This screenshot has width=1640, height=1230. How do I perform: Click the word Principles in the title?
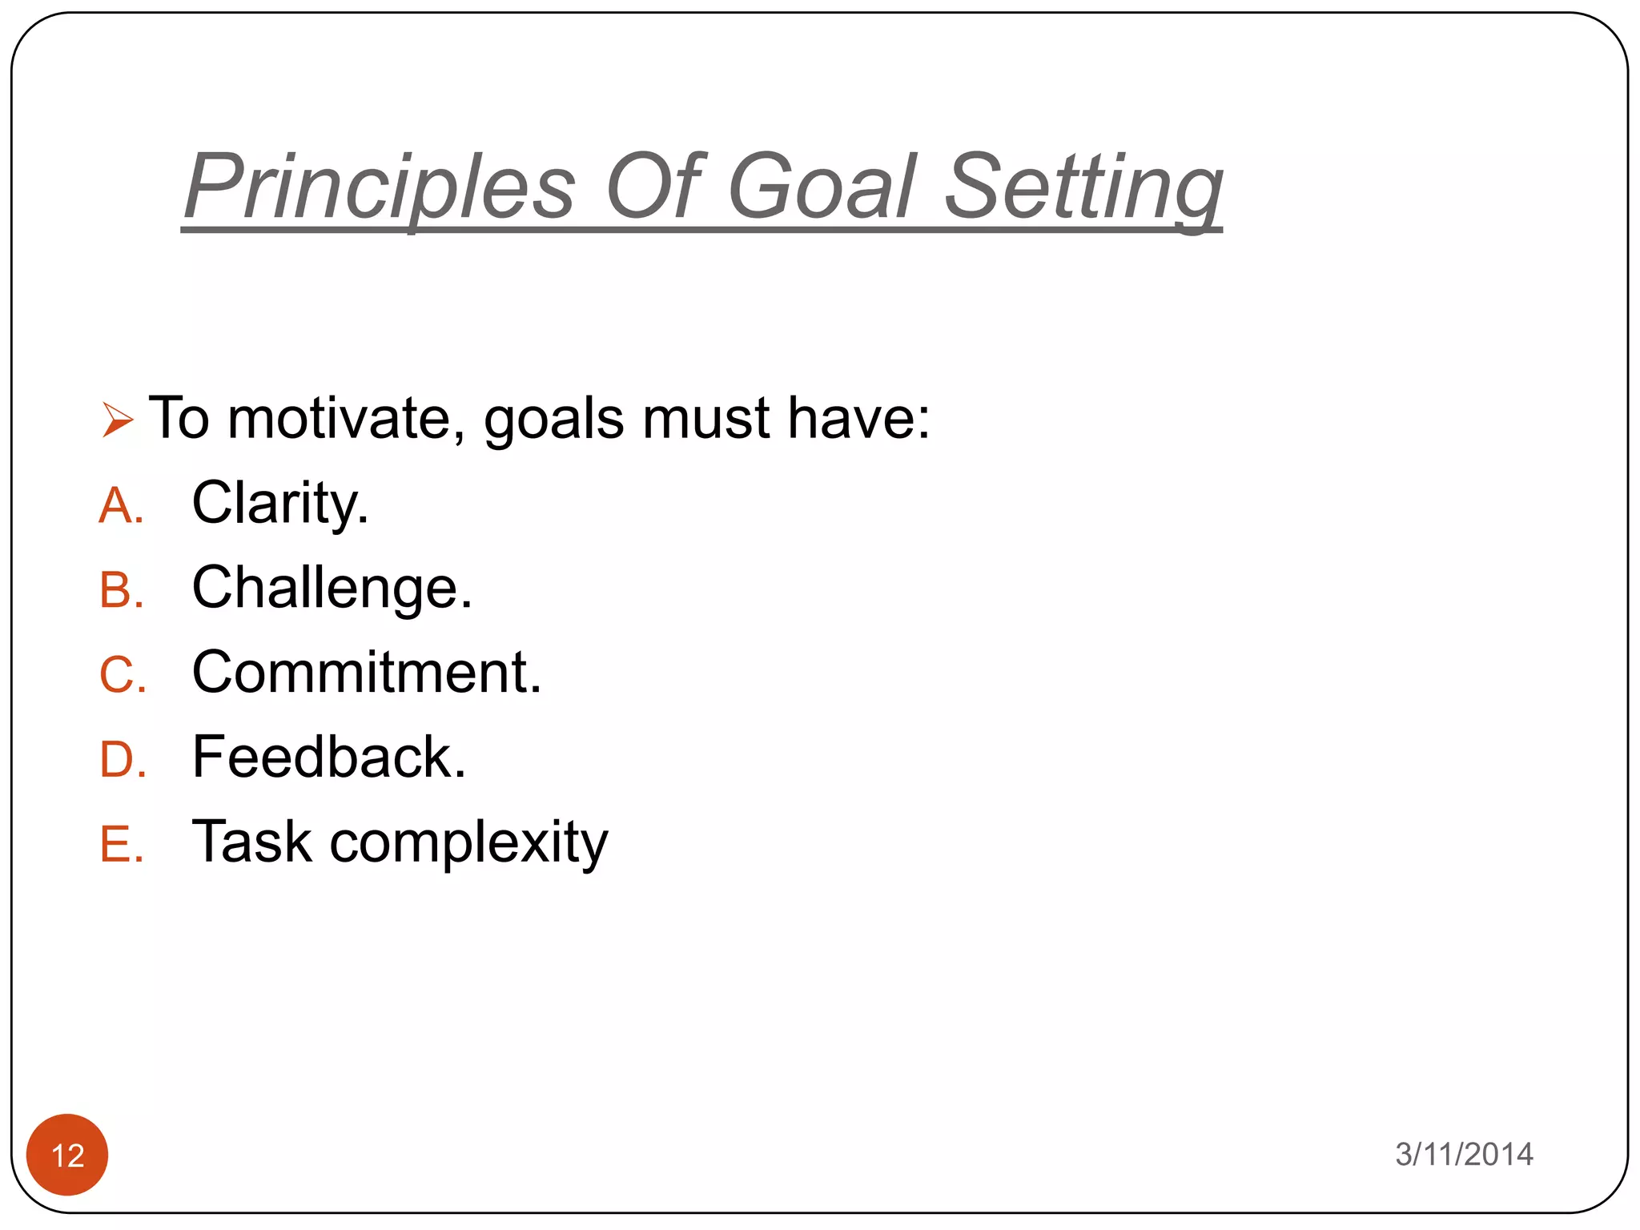tap(380, 188)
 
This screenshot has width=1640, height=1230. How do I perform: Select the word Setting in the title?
tap(1083, 188)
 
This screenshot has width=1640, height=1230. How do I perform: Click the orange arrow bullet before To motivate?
tap(117, 420)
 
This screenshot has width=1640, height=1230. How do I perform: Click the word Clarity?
tap(279, 504)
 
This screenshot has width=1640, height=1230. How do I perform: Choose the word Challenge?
tap(332, 589)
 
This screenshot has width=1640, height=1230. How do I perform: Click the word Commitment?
tap(366, 673)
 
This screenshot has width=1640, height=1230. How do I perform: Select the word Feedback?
tap(328, 758)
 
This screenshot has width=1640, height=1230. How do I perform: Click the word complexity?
tap(468, 843)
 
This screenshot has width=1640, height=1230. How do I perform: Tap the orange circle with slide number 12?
tap(67, 1155)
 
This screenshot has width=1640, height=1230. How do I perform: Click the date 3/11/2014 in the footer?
tap(1464, 1155)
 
